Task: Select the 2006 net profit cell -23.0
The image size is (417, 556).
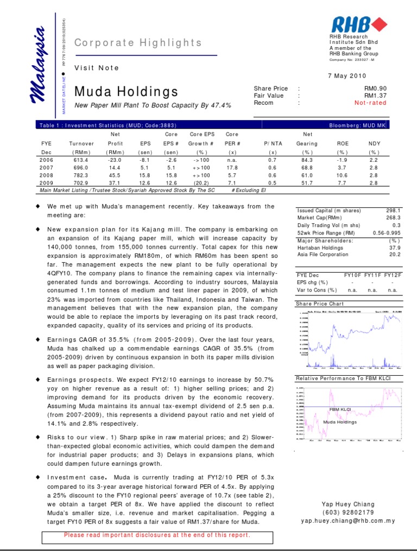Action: tap(115, 160)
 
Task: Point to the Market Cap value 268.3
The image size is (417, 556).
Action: tap(393, 218)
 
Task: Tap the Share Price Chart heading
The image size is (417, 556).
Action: tap(320, 304)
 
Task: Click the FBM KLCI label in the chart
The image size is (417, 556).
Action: tap(341, 408)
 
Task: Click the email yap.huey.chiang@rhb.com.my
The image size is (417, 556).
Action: tap(348, 520)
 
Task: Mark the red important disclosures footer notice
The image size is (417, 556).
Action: tap(157, 535)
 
